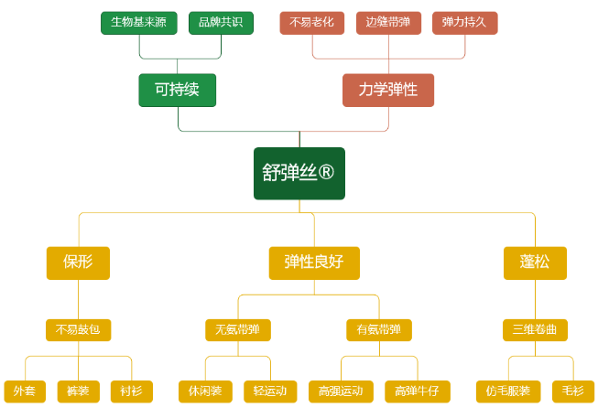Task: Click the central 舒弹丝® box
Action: pyautogui.click(x=299, y=174)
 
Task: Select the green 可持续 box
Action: pyautogui.click(x=178, y=91)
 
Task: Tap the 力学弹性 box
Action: pyautogui.click(x=388, y=91)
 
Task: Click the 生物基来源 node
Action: pyautogui.click(x=139, y=23)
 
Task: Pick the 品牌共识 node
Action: pyautogui.click(x=222, y=23)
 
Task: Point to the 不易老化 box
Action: pyautogui.click(x=312, y=23)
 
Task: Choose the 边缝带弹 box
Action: pyautogui.click(x=388, y=23)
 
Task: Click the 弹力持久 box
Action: pyautogui.click(x=465, y=23)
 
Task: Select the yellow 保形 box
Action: pyautogui.click(x=78, y=263)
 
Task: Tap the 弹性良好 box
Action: pyautogui.click(x=314, y=263)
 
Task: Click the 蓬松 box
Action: pyautogui.click(x=535, y=263)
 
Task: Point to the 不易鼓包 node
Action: pyautogui.click(x=78, y=330)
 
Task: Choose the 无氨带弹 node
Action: pyautogui.click(x=238, y=330)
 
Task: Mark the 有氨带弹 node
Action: pyautogui.click(x=379, y=330)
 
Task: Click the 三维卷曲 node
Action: pyautogui.click(x=535, y=330)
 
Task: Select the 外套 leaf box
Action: pyautogui.click(x=25, y=391)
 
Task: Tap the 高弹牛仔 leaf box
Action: pyautogui.click(x=418, y=391)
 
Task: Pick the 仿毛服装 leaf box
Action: pyautogui.click(x=508, y=391)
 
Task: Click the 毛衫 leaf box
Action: pyautogui.click(x=573, y=391)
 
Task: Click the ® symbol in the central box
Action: pyautogui.click(x=326, y=172)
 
